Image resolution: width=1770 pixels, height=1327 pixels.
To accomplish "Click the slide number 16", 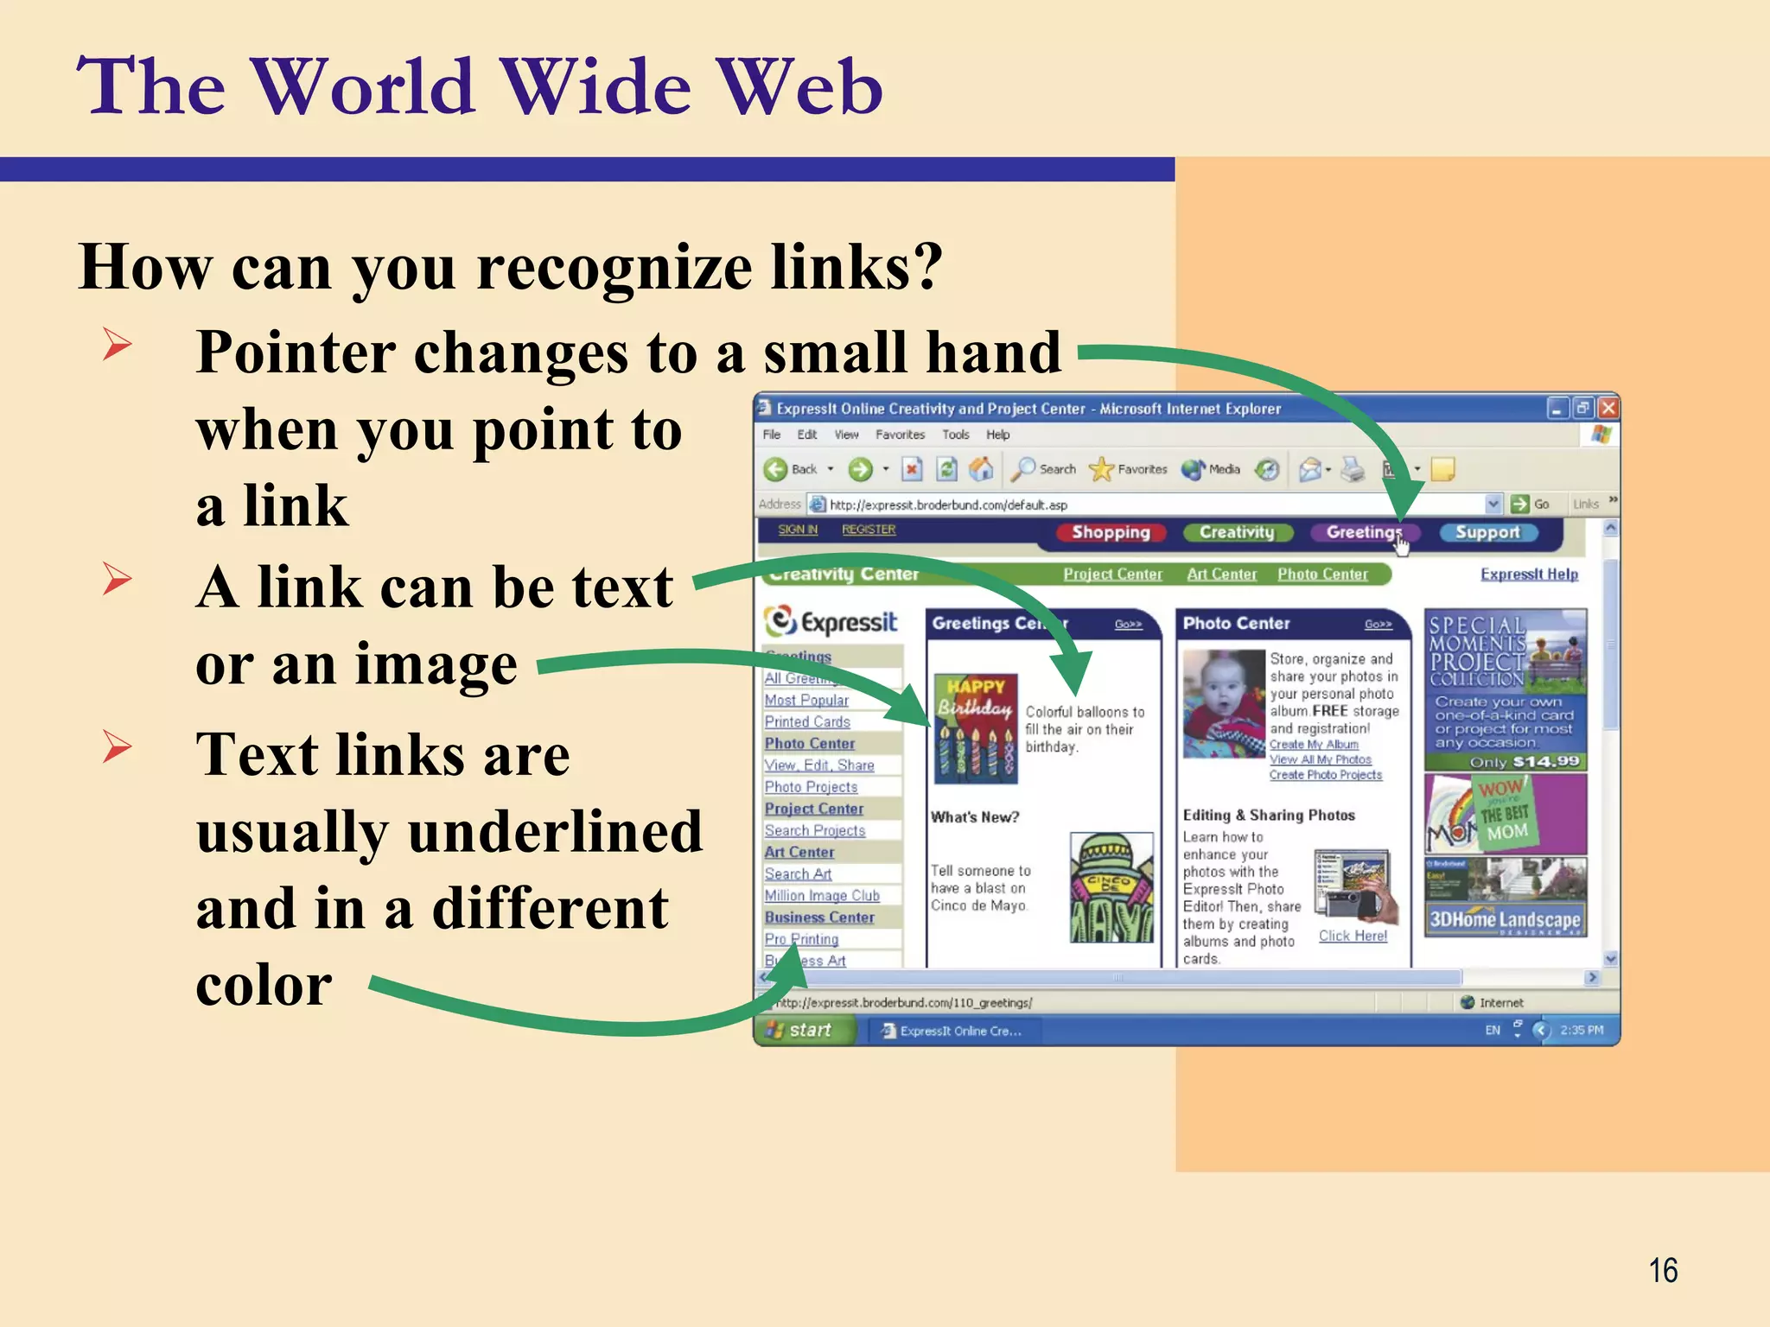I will point(1663,1271).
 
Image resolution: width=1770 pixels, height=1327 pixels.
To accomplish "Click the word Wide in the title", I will point(597,86).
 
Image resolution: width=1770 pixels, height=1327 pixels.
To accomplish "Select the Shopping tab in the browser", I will point(1111,532).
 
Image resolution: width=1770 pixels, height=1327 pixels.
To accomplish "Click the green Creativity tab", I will point(1237,532).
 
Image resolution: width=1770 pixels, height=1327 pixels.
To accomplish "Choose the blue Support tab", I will point(1487,532).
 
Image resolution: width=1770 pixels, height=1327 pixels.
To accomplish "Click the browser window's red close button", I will point(1608,408).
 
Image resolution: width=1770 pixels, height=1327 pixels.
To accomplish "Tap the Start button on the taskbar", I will point(802,1030).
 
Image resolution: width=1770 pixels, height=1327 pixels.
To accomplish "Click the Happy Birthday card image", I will point(976,728).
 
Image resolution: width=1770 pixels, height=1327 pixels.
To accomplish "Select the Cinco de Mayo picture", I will point(1111,888).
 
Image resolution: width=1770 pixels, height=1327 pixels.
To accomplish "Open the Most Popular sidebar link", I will point(806,700).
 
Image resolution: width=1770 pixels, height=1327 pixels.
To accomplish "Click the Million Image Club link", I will point(822,896).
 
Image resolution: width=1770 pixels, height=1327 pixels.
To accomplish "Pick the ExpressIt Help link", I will point(1529,575).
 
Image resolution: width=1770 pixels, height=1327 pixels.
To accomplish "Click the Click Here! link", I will point(1353,936).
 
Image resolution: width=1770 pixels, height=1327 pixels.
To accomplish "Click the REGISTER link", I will point(869,530).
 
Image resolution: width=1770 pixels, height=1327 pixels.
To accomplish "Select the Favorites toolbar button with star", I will point(1128,469).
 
